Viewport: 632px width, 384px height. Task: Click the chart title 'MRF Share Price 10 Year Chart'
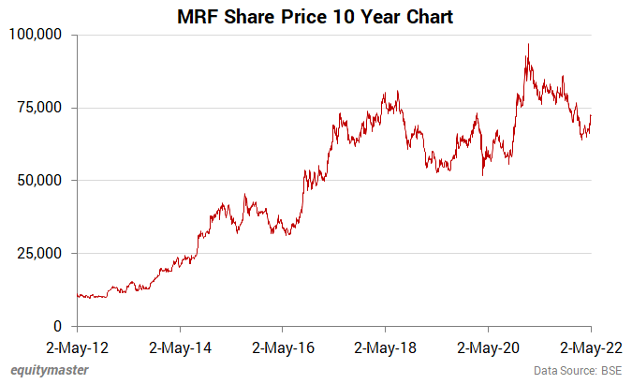point(316,16)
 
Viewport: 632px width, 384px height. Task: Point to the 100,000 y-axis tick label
point(35,35)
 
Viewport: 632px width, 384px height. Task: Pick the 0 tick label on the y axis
point(57,326)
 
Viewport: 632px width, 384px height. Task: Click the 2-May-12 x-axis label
point(77,347)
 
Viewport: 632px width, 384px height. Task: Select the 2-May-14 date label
point(180,347)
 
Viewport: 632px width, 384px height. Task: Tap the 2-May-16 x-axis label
point(283,347)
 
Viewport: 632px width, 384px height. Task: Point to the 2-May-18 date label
point(385,347)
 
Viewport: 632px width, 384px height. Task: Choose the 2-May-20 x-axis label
point(488,347)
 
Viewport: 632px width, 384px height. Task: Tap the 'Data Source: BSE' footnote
point(578,371)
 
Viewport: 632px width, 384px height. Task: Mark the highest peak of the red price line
point(528,44)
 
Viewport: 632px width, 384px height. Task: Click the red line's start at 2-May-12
point(77,295)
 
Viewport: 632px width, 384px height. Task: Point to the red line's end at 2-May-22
point(591,115)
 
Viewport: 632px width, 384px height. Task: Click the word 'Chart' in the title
point(429,16)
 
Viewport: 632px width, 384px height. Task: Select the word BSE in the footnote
point(610,371)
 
